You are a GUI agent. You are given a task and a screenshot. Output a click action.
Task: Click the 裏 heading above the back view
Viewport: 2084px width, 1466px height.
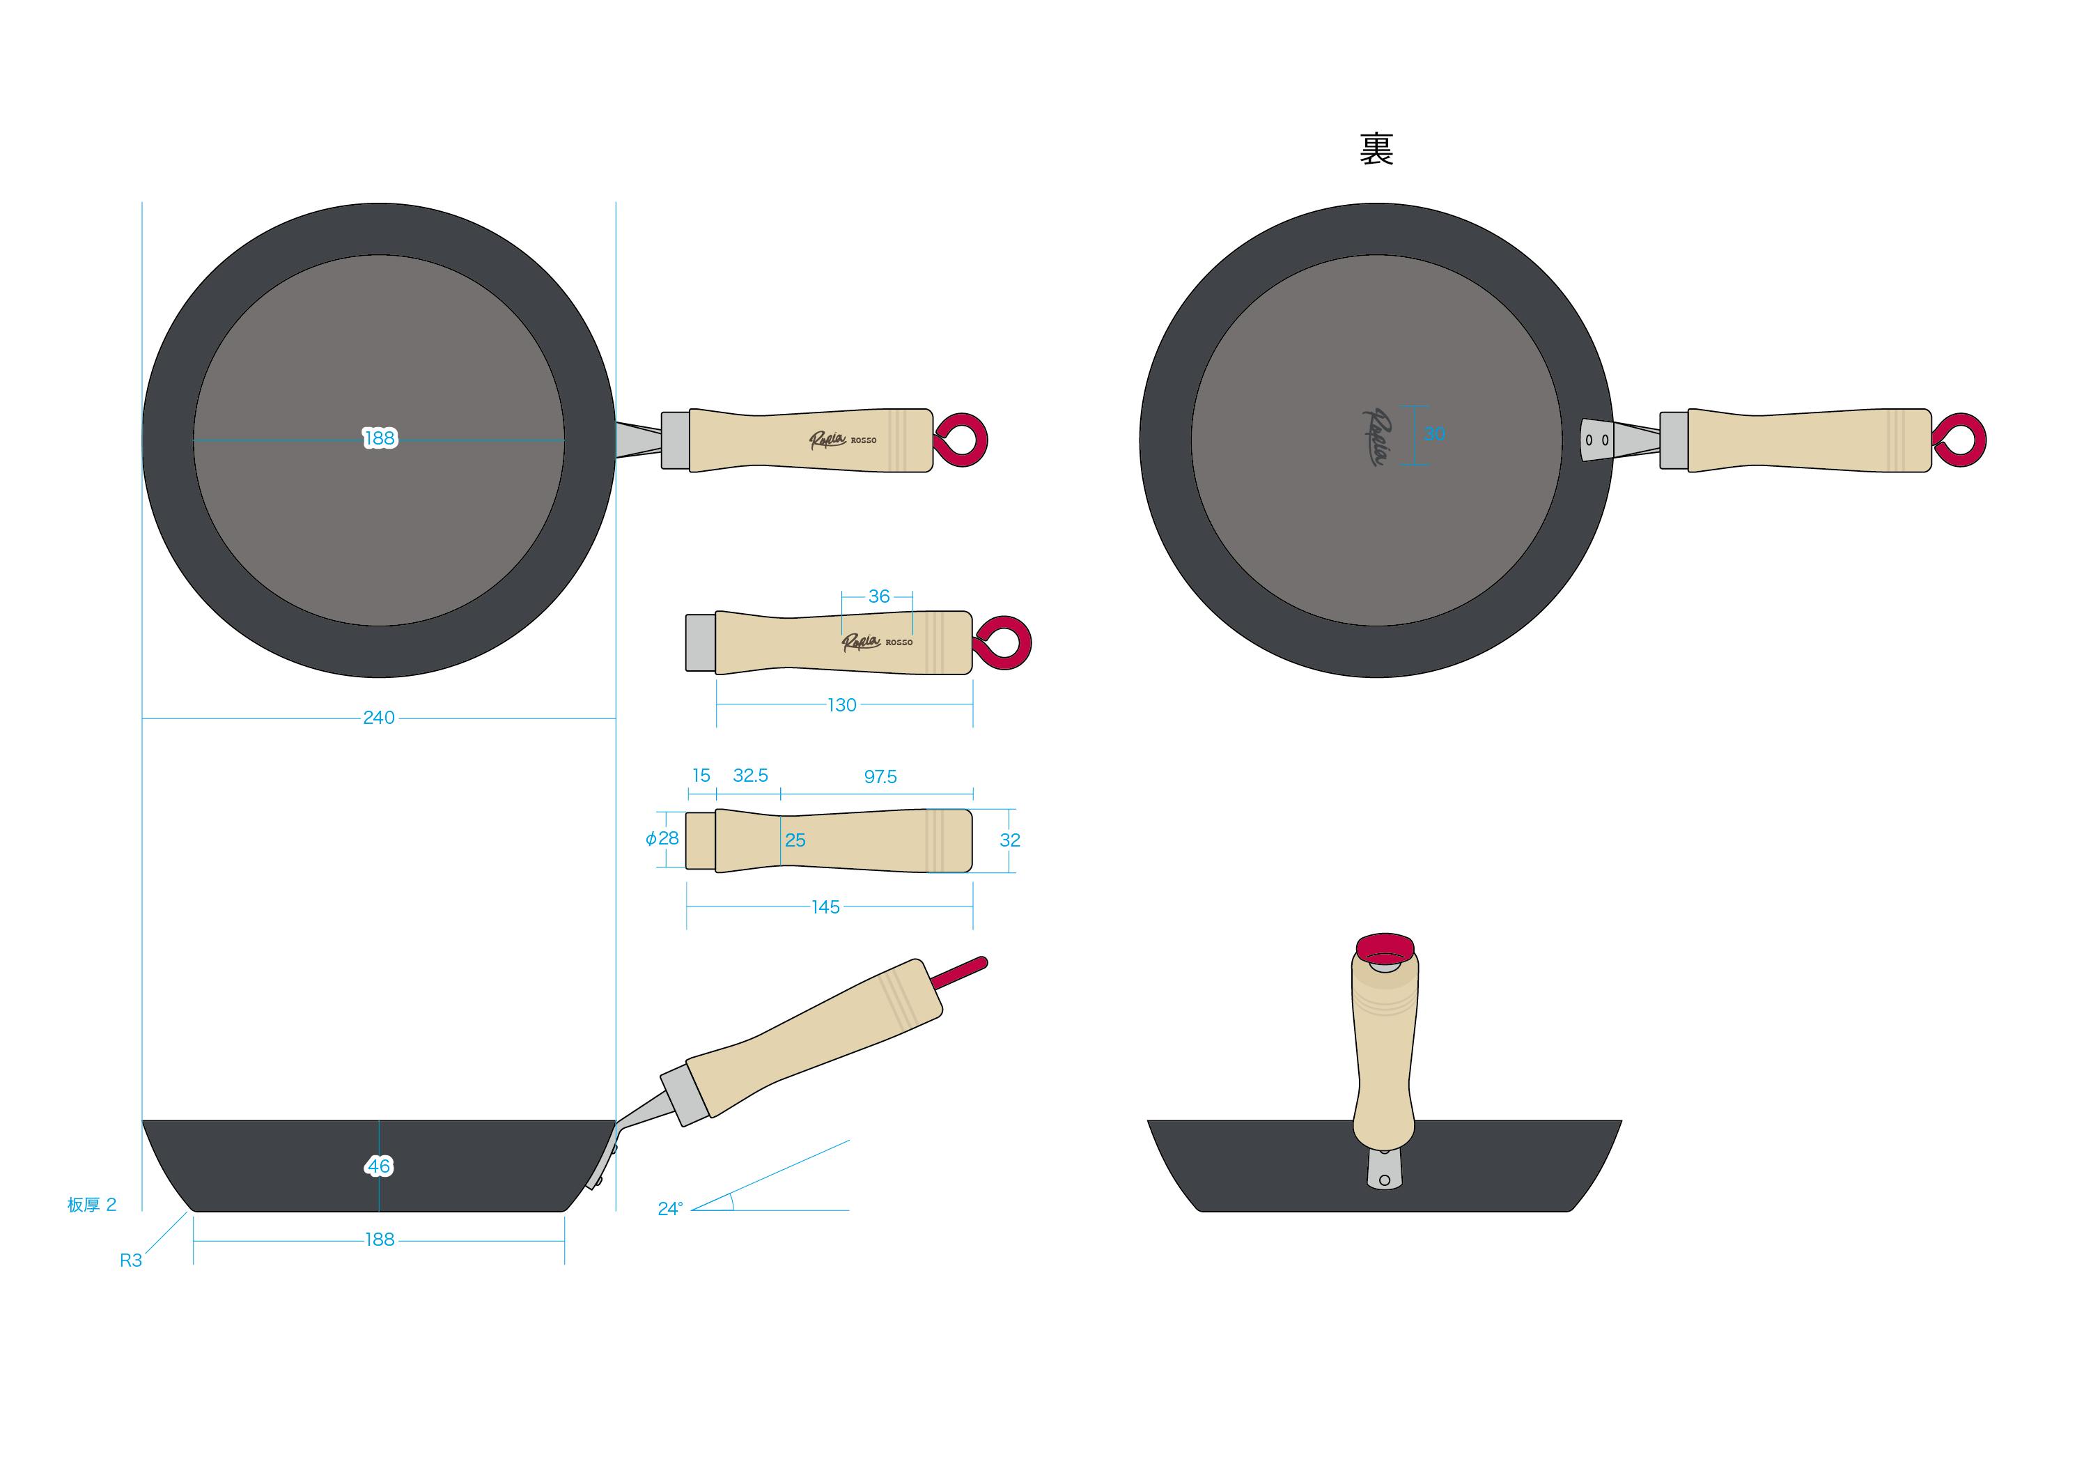tap(1376, 150)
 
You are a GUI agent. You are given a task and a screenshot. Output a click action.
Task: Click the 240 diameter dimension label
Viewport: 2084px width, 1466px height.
tap(378, 718)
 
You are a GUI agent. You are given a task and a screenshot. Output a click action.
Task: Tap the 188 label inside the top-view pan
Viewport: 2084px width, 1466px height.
tap(380, 438)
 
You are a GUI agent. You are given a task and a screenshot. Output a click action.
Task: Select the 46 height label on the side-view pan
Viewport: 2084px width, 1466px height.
tap(378, 1166)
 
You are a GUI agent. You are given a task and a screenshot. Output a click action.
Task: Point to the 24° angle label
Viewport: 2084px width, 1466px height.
tap(670, 1209)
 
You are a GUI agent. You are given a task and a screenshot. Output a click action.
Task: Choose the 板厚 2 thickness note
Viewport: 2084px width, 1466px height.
tap(92, 1205)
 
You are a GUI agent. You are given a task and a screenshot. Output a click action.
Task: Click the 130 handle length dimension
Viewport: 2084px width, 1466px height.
tap(841, 705)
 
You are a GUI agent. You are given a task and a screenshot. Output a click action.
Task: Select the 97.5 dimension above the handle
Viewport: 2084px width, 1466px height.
tap(880, 777)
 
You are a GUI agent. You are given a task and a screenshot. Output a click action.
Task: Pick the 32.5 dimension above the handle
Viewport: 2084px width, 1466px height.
tap(749, 776)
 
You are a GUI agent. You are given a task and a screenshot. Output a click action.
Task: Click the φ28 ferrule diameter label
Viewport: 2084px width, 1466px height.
tap(662, 839)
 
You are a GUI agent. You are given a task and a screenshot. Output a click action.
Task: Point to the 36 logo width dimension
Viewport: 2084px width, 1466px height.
tap(878, 596)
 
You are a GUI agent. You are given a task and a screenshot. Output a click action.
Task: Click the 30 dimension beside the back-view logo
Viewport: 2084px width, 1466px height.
tap(1434, 435)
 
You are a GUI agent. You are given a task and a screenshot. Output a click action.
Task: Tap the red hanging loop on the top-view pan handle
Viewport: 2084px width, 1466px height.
tap(962, 440)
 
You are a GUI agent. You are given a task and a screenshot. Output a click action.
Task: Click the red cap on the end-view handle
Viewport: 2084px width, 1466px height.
tap(1384, 948)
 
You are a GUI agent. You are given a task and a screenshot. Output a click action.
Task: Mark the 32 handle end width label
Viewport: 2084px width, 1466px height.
tap(1009, 840)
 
